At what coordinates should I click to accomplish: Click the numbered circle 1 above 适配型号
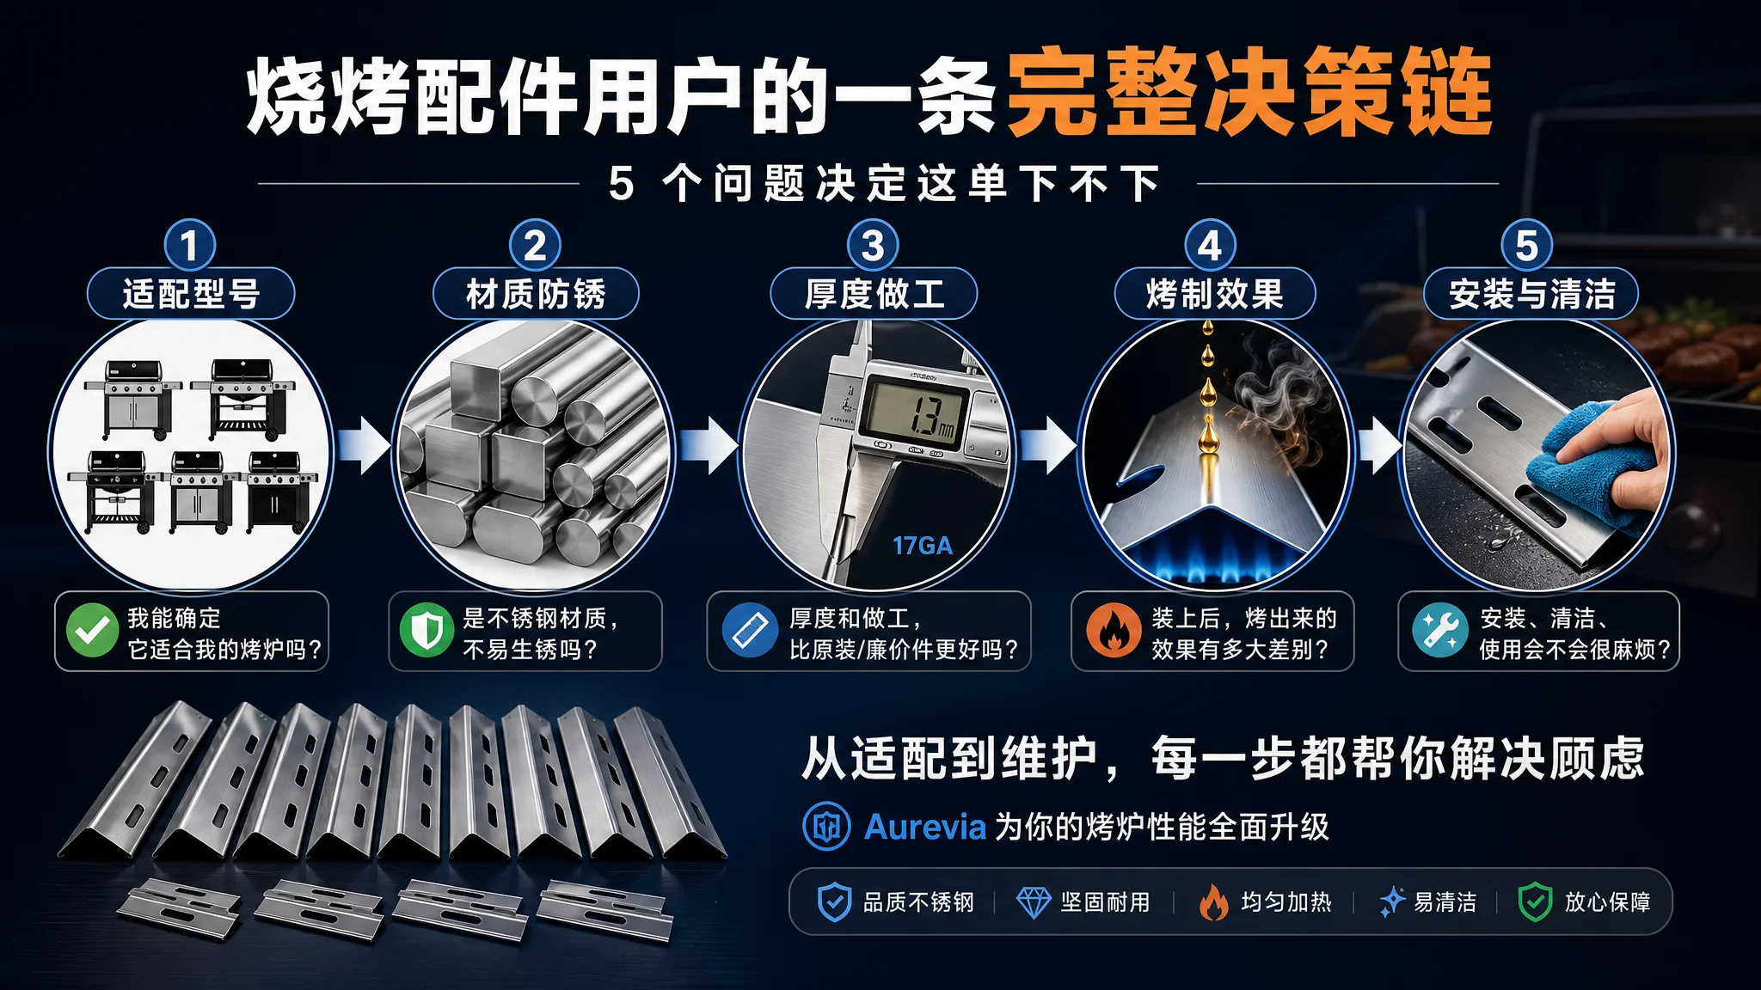point(190,245)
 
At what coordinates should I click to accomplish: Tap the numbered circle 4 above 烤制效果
point(1210,245)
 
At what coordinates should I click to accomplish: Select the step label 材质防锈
point(536,294)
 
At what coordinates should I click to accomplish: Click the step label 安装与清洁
point(1531,294)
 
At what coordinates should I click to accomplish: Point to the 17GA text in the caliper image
point(922,546)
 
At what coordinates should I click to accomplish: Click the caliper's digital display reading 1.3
point(917,412)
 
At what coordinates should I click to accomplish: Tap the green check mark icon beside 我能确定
point(93,630)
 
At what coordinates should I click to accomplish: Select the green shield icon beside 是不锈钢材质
point(426,630)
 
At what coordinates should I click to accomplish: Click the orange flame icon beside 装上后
point(1114,630)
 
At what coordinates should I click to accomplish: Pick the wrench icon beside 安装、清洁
point(1439,630)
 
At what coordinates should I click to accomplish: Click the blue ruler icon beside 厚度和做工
point(750,630)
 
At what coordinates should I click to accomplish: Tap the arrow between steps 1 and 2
point(364,445)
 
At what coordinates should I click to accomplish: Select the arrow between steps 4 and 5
point(1381,445)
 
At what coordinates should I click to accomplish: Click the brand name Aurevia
point(924,827)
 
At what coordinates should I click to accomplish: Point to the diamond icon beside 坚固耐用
point(1034,902)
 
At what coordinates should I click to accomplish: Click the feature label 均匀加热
point(1286,902)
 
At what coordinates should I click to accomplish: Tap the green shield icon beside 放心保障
point(1535,902)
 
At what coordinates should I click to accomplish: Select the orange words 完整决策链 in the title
point(1249,91)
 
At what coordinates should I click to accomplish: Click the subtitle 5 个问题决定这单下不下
point(885,184)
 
